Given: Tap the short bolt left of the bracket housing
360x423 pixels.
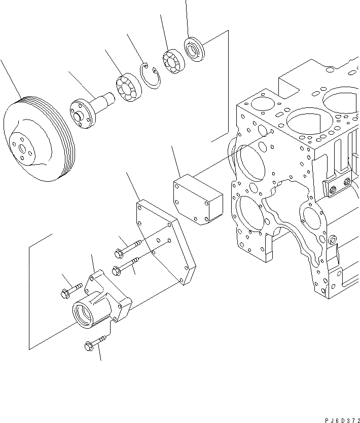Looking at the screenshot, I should coord(71,290).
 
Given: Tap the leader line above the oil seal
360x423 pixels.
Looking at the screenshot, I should coord(187,18).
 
